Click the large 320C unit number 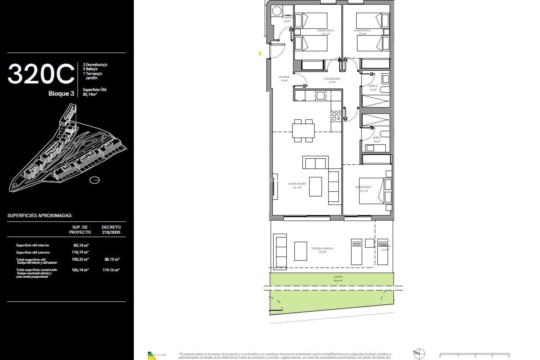(x=41, y=74)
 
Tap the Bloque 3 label (x=61, y=94)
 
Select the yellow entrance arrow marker (x=260, y=53)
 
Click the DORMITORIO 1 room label (x=364, y=187)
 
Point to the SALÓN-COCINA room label (x=297, y=184)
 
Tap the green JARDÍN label (x=338, y=277)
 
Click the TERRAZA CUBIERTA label (x=322, y=249)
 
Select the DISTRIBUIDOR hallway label (x=332, y=79)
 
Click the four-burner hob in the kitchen (x=336, y=116)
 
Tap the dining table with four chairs (x=303, y=131)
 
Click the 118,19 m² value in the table (x=80, y=252)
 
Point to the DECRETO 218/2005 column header (x=111, y=229)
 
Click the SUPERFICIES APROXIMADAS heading (x=40, y=216)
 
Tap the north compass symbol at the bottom (x=419, y=353)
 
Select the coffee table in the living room (x=315, y=186)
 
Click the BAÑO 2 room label (x=373, y=86)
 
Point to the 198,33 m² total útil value (x=80, y=259)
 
